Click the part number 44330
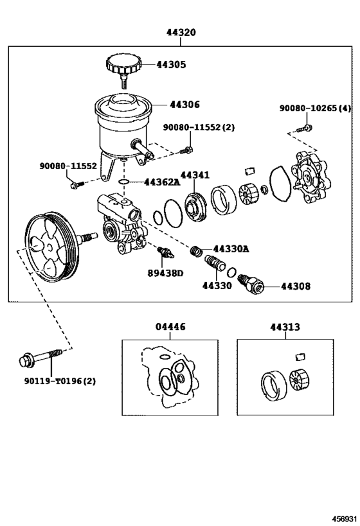[x=217, y=286]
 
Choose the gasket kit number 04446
[x=170, y=327]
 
